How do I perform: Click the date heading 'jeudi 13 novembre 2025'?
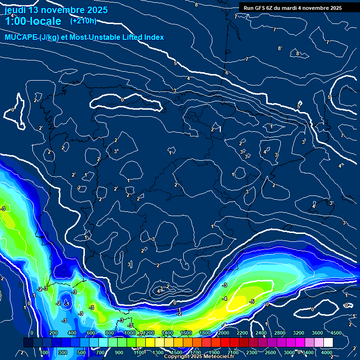56,10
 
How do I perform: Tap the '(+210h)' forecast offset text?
83,21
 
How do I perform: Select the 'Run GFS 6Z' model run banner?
292,8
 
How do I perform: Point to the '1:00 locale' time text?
32,22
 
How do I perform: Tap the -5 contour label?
252,301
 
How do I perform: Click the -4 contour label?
225,299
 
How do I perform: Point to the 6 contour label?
226,73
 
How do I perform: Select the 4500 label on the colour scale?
336,333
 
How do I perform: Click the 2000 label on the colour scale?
223,333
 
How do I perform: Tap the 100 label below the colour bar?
44,352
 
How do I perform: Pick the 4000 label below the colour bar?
327,352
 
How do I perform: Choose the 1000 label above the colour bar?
129,333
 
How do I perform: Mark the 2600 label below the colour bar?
270,352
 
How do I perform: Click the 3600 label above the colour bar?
317,333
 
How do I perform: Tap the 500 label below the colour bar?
82,352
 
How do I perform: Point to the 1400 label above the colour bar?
167,333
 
